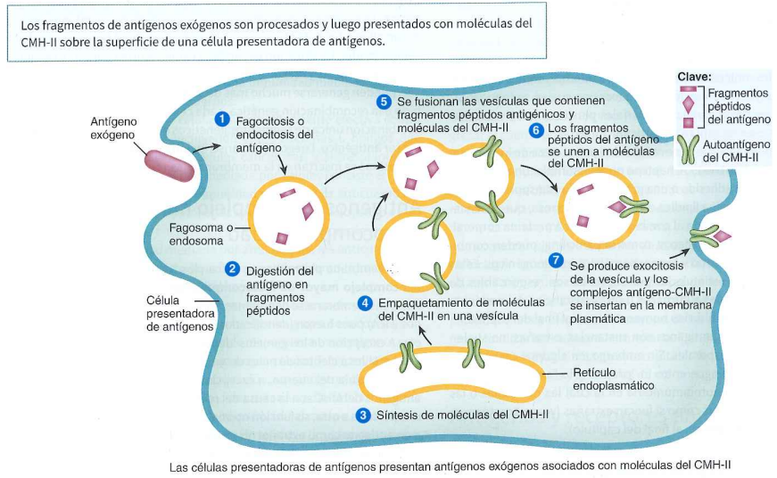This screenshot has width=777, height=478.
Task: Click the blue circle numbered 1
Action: tap(222, 119)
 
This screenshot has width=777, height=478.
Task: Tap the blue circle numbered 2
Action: tap(232, 269)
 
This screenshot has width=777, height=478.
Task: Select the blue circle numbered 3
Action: tap(363, 415)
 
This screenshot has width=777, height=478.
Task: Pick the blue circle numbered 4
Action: tap(365, 302)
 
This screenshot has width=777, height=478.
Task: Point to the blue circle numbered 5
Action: tap(383, 102)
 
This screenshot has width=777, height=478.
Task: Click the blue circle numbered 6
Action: tap(536, 130)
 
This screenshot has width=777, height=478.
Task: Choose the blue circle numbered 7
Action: tap(557, 260)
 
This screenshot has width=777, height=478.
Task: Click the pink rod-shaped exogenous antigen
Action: tap(169, 166)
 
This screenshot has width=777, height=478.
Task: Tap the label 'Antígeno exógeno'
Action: tap(113, 128)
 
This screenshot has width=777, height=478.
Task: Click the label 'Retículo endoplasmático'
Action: tap(614, 379)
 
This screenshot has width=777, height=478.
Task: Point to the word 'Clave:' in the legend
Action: tap(694, 77)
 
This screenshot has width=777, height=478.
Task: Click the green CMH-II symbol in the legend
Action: tap(690, 150)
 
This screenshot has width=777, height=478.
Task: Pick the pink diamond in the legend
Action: tap(689, 104)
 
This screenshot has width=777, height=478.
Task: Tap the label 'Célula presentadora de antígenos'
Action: tap(180, 314)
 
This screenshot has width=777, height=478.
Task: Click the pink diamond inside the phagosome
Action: tap(308, 211)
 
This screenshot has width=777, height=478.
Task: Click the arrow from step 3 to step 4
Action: tap(426, 334)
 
